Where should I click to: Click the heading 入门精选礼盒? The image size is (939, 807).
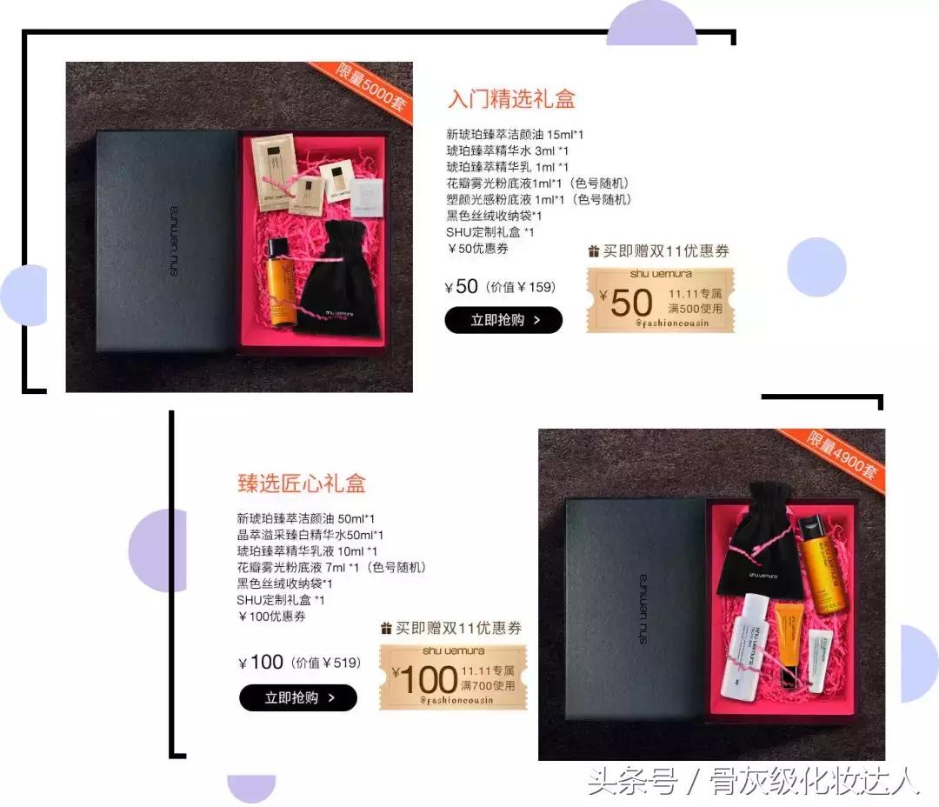(x=511, y=99)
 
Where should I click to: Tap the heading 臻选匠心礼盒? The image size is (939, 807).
(x=302, y=483)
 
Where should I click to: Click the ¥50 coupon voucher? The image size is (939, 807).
(x=660, y=300)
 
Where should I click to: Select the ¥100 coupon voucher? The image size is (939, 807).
(x=452, y=677)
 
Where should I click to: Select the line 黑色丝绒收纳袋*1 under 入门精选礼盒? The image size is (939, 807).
(x=494, y=216)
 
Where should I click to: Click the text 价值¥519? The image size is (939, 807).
(x=326, y=664)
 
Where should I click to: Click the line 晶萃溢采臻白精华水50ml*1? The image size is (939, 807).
(x=310, y=535)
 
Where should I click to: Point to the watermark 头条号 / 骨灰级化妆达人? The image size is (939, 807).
(x=753, y=780)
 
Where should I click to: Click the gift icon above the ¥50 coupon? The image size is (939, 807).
(x=594, y=251)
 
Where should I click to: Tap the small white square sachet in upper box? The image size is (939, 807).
(x=366, y=199)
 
